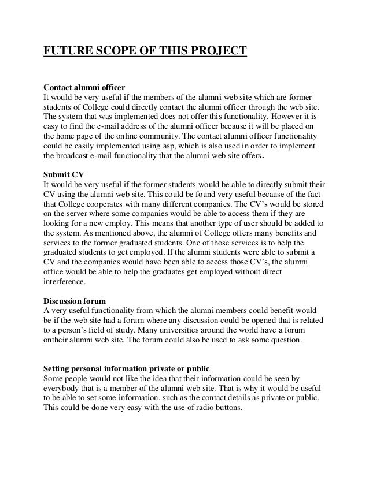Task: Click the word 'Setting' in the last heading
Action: [57, 367]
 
